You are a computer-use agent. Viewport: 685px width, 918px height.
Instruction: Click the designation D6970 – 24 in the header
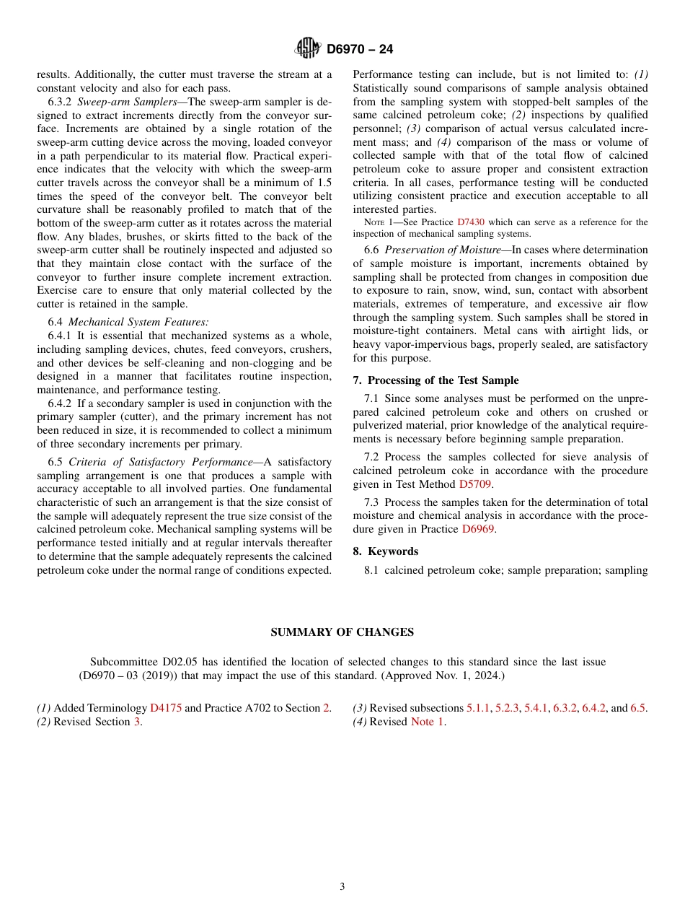[x=360, y=50]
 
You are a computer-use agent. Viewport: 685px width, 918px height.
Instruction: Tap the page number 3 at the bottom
[x=342, y=887]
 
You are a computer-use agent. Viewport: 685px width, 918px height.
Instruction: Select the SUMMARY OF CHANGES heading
[x=342, y=632]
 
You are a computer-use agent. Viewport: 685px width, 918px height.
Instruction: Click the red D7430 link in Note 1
[x=470, y=222]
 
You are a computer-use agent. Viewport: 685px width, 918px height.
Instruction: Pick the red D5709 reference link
[x=475, y=484]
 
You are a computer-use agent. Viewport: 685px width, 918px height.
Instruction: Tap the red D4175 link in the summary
[x=166, y=708]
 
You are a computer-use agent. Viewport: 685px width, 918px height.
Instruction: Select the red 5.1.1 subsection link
[x=477, y=708]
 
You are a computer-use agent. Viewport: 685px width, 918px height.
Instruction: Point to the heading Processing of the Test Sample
[x=443, y=380]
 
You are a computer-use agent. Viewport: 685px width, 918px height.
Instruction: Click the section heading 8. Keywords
[x=385, y=551]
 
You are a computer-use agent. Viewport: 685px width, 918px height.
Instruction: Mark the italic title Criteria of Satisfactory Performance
[x=161, y=462]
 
